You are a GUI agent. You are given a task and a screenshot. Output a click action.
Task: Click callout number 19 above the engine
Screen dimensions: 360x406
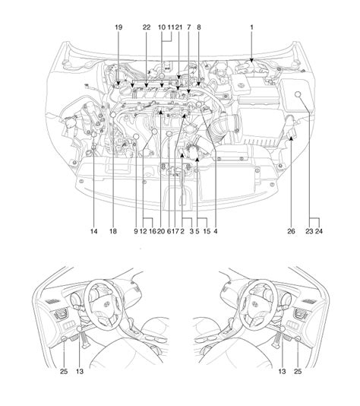(118, 27)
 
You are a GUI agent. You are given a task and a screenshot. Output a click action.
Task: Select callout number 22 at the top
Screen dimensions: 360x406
(147, 27)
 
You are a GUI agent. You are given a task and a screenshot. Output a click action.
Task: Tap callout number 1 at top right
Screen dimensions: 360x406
(251, 27)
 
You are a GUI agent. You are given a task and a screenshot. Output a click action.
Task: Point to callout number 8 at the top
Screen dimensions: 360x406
(199, 27)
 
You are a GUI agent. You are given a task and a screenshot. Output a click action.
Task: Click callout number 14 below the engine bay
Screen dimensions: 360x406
(94, 231)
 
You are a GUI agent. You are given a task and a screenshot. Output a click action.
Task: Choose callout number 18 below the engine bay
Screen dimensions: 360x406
(113, 231)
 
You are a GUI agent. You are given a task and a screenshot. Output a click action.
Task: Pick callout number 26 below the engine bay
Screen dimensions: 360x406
(291, 231)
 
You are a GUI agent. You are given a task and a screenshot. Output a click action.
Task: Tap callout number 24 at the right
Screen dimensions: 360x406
(319, 231)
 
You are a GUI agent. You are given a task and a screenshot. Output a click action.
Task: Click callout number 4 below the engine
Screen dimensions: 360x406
(216, 231)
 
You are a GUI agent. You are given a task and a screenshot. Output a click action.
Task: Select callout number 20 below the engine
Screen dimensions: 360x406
(161, 231)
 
